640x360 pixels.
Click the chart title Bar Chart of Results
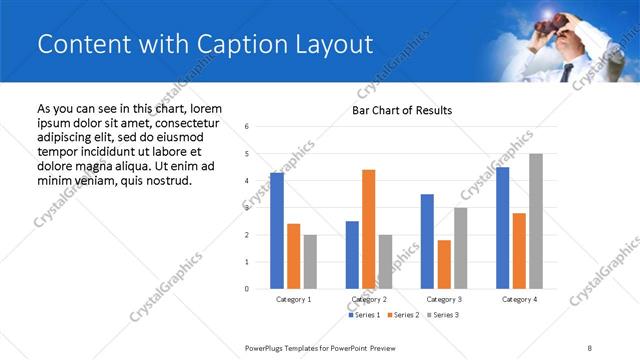402,110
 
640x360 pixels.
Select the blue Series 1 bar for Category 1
277,231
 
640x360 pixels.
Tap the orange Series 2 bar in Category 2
368,229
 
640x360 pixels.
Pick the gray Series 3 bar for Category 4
536,221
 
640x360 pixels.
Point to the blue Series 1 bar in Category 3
427,241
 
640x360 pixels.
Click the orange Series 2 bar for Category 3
444,264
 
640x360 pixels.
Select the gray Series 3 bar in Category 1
310,261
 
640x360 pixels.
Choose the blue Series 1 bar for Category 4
502,228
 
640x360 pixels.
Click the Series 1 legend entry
363,315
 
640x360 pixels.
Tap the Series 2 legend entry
402,315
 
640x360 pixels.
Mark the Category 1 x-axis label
293,299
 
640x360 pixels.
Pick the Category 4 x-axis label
519,299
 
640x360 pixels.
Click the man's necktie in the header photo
567,72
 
